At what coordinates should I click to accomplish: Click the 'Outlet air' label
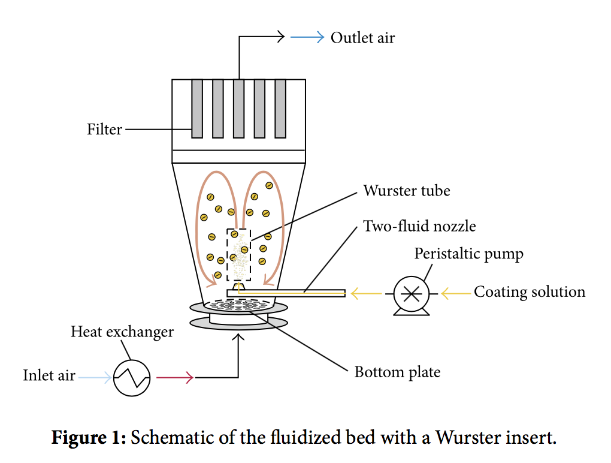pos(362,38)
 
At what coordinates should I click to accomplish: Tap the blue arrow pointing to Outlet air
pos(307,38)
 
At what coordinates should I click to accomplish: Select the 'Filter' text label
pos(104,129)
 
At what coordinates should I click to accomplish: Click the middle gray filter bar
pos(238,108)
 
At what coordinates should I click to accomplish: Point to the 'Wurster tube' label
pos(406,191)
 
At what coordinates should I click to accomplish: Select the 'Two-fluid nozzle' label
pos(419,226)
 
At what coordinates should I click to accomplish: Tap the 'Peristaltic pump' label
pos(468,254)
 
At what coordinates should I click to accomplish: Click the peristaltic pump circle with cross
pos(411,293)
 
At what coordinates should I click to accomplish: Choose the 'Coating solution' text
pos(530,292)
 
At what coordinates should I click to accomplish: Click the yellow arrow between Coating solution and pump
pos(455,293)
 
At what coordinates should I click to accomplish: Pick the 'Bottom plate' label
pos(397,372)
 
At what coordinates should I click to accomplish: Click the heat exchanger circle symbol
pos(132,378)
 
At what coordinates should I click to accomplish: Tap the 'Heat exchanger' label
pos(122,332)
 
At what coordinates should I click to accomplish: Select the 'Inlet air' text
pos(49,375)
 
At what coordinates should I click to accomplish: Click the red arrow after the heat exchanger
pos(174,378)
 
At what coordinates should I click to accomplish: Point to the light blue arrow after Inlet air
pos(95,377)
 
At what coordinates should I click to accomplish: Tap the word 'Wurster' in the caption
pos(462,437)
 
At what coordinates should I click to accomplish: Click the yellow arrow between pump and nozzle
pos(366,293)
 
